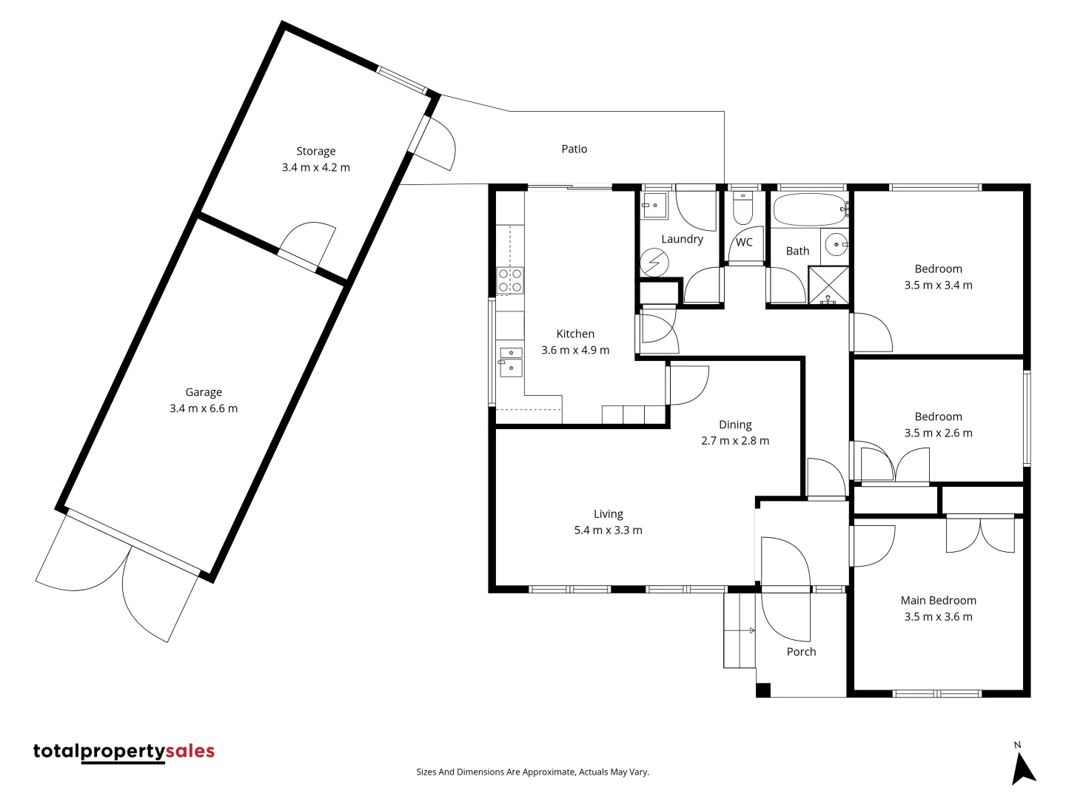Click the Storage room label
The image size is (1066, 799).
pyautogui.click(x=316, y=151)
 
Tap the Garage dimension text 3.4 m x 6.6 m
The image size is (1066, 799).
pyautogui.click(x=204, y=408)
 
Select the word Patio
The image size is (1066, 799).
pyautogui.click(x=574, y=149)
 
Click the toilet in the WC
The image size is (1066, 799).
pyautogui.click(x=742, y=209)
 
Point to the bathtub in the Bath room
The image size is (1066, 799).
pyautogui.click(x=810, y=209)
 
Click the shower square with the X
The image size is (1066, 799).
pyautogui.click(x=828, y=285)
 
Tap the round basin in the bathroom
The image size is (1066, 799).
pyautogui.click(x=835, y=243)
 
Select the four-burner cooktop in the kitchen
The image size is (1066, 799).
pyautogui.click(x=510, y=280)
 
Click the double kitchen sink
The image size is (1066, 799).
pyautogui.click(x=511, y=361)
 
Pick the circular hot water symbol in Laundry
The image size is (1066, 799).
pyautogui.click(x=654, y=263)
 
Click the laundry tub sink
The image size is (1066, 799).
pyautogui.click(x=654, y=205)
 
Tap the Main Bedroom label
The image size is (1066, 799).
pyautogui.click(x=938, y=600)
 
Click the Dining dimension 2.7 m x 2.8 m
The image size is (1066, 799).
pyautogui.click(x=735, y=441)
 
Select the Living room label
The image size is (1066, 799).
pyautogui.click(x=608, y=514)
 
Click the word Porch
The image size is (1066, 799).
pyautogui.click(x=801, y=652)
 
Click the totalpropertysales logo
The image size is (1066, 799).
pyautogui.click(x=124, y=752)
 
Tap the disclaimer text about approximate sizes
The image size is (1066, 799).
pyautogui.click(x=532, y=772)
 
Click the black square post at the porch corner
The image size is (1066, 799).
pyautogui.click(x=763, y=690)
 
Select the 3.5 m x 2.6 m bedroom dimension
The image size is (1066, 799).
pyautogui.click(x=938, y=434)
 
